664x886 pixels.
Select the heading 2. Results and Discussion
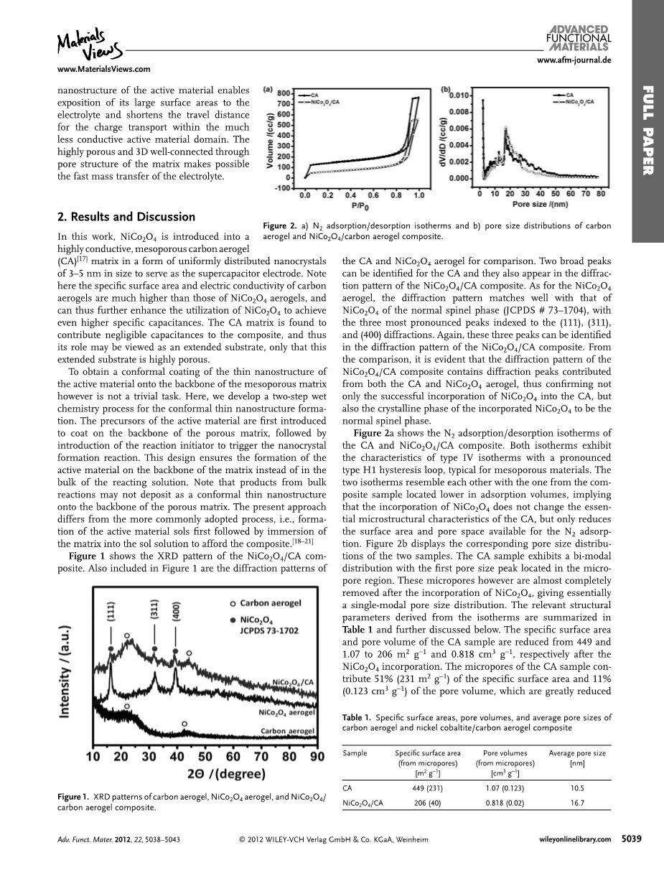pos(126,217)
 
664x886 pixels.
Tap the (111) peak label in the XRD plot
pos(112,611)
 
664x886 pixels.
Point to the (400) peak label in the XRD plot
pos(176,610)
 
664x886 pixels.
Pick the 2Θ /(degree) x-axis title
pos(205,774)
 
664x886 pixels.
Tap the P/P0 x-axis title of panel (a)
pos(362,205)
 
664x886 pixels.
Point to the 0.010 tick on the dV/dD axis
pos(460,95)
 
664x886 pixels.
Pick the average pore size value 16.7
pos(576,803)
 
